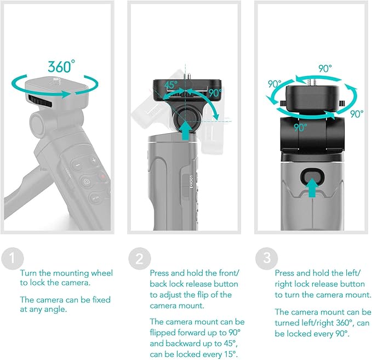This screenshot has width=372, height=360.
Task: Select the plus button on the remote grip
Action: (94, 161)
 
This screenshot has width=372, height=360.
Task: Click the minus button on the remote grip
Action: (78, 165)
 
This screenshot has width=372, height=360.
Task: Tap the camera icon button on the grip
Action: (86, 181)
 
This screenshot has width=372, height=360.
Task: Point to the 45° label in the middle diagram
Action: (171, 85)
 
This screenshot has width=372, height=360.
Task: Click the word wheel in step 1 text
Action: (102, 273)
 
